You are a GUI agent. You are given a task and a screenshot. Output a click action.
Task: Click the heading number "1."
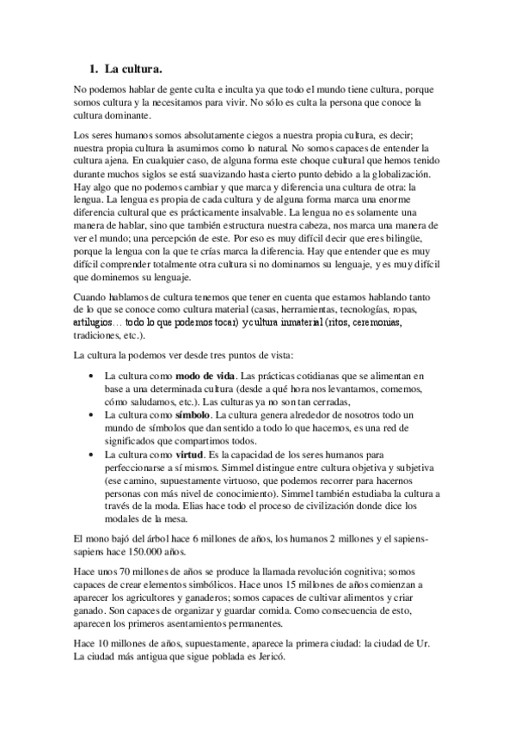click(95, 66)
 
